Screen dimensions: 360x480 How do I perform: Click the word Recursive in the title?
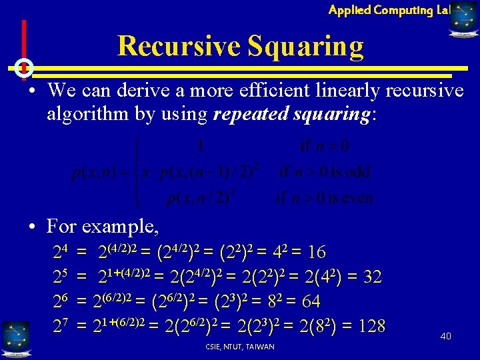(x=179, y=47)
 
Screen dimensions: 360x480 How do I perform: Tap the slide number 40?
(x=445, y=336)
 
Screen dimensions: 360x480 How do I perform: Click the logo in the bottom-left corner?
(x=15, y=336)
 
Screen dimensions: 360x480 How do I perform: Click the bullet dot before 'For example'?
(x=32, y=227)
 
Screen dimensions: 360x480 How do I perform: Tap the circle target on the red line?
(x=23, y=67)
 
